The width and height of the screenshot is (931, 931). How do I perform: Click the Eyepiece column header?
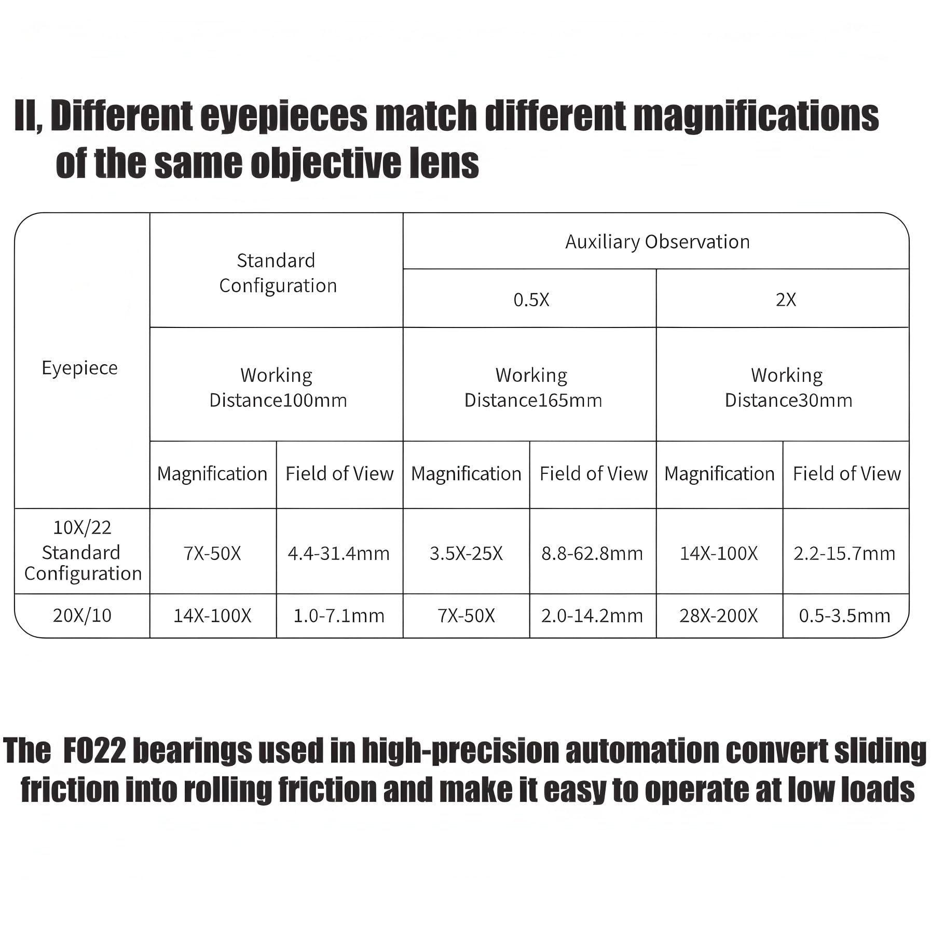(79, 368)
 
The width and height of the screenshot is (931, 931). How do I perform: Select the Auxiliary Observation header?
(657, 242)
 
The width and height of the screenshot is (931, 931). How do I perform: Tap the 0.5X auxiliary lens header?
(531, 299)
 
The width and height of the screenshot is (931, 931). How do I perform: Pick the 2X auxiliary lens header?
(785, 299)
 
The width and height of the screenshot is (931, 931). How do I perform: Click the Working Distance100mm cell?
(278, 388)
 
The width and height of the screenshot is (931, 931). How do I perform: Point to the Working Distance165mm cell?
(532, 388)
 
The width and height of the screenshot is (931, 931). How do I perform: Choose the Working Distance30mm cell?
(788, 388)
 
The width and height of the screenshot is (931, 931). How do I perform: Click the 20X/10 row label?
(82, 615)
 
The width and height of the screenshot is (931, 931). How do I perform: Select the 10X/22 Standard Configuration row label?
(83, 551)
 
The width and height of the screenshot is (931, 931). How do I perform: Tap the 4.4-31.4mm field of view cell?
(338, 554)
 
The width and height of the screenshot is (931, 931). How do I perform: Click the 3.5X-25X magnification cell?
(466, 554)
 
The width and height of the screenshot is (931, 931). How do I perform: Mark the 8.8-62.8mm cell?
(592, 554)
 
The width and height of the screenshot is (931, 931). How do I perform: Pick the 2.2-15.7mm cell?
(844, 554)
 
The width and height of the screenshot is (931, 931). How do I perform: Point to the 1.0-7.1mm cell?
(339, 616)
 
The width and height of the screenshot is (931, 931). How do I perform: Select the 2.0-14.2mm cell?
(592, 616)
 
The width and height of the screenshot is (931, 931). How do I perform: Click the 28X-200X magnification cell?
(719, 616)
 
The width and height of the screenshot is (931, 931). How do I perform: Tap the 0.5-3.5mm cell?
(844, 616)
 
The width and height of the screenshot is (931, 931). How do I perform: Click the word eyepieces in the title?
(284, 116)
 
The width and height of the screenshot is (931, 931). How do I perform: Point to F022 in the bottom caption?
(94, 751)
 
